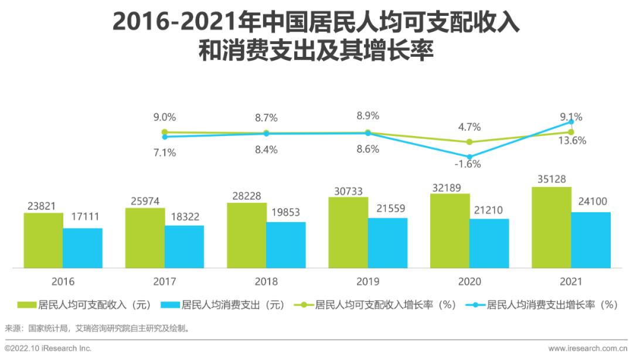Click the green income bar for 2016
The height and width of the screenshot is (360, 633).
pyautogui.click(x=43, y=240)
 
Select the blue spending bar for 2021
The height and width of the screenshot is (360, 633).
pyautogui.click(x=591, y=240)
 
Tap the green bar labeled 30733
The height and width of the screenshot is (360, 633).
pyautogui.click(x=348, y=232)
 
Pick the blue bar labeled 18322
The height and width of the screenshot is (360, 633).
pyautogui.click(x=184, y=246)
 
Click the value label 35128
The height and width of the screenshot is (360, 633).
pyautogui.click(x=550, y=179)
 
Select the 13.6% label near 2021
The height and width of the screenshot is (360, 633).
pyautogui.click(x=571, y=141)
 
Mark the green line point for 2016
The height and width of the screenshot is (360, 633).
pyautogui.click(x=165, y=132)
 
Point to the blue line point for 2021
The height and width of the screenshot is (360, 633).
pyautogui.click(x=571, y=122)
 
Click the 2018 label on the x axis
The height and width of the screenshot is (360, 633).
pyautogui.click(x=266, y=281)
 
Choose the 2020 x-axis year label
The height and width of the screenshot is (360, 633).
pyautogui.click(x=469, y=281)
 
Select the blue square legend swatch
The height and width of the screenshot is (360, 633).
pyautogui.click(x=170, y=305)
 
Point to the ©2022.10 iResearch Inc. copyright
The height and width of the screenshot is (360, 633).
pyautogui.click(x=48, y=348)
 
